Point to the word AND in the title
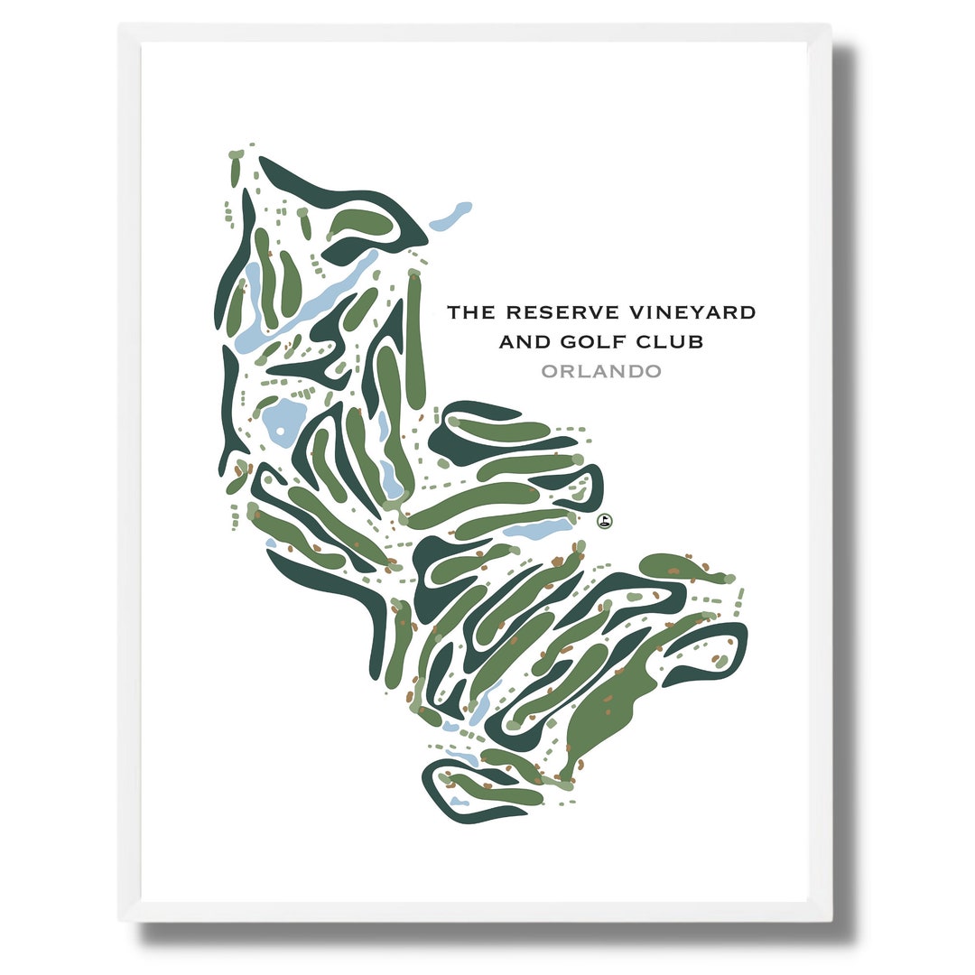click(521, 341)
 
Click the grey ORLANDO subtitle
click(600, 371)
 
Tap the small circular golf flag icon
click(605, 520)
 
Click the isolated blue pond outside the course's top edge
click(451, 217)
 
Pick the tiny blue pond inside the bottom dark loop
click(460, 800)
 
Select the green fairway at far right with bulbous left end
click(673, 567)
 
